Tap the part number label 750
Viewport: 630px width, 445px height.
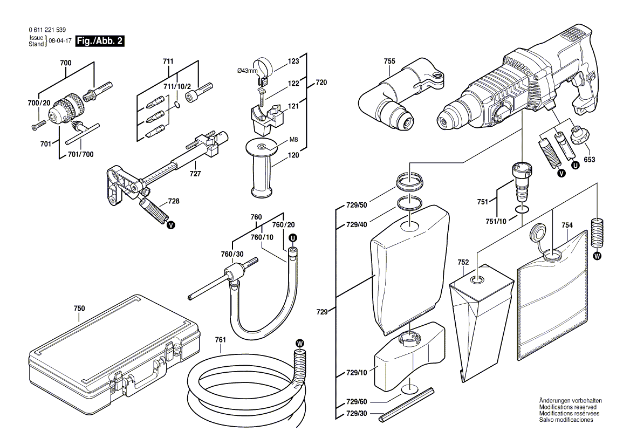[x=79, y=308]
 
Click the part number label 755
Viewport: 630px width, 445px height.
[x=389, y=61]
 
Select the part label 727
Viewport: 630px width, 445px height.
[x=195, y=174]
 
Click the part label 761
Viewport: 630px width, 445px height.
[x=220, y=340]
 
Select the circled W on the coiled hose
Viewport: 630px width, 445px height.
[x=300, y=343]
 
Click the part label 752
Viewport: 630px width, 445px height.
[x=463, y=262]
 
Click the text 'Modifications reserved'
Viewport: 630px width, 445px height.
[x=566, y=407]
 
